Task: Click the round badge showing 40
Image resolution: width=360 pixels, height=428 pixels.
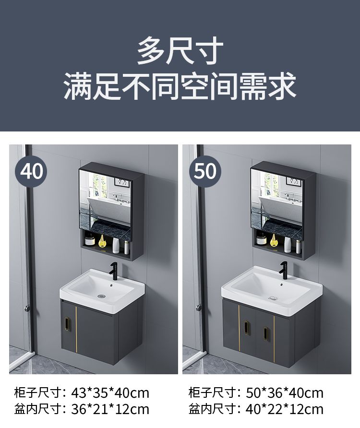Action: pos(31,171)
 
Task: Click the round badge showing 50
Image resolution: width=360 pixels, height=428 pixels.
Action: pos(205,171)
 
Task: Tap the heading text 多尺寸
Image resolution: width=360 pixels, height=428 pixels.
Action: pos(180,51)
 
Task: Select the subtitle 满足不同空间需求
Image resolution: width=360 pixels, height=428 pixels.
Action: pos(180,86)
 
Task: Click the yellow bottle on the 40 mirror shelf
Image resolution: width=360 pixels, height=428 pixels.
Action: pos(102,241)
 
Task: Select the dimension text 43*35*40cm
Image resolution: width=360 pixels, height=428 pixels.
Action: pos(110,393)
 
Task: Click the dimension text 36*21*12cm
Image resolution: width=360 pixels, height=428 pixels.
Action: pos(110,409)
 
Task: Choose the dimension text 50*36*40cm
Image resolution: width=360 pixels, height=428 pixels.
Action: pos(285,393)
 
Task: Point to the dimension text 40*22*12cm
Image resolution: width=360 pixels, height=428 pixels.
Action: pos(285,409)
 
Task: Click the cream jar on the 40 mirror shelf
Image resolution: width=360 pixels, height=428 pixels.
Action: pos(89,241)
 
